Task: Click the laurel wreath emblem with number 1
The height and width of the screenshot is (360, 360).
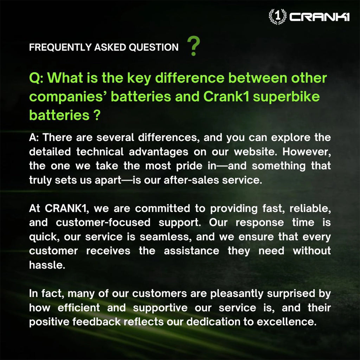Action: tap(278, 16)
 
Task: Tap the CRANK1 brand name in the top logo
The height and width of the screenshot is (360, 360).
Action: tap(319, 17)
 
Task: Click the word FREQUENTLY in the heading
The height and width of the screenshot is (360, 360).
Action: tap(60, 47)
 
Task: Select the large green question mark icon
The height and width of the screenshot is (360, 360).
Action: tap(194, 46)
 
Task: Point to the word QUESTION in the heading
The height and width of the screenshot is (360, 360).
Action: tap(153, 47)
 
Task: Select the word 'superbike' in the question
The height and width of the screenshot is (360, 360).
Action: tap(286, 97)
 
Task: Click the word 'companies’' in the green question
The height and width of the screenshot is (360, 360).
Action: tap(68, 97)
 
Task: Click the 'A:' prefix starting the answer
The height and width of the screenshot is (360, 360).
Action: tap(34, 138)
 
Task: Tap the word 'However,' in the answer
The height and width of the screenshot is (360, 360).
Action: tap(307, 152)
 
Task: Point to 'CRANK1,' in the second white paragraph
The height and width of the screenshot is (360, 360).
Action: tap(66, 208)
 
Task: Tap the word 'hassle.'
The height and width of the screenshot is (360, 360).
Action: tap(47, 265)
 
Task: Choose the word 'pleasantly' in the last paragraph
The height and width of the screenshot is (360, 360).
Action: tap(237, 294)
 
